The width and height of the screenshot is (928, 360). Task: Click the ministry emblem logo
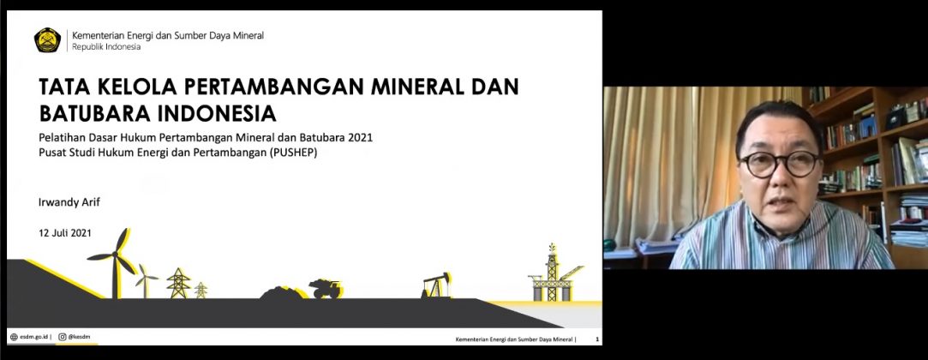tap(47, 40)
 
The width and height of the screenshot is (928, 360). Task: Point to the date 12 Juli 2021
tap(65, 233)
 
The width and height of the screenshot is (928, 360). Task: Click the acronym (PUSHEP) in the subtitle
tap(297, 153)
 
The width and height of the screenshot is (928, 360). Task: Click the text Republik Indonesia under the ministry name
tap(106, 47)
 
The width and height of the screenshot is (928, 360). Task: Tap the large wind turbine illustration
tap(114, 263)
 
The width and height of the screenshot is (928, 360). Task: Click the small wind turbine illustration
tap(146, 281)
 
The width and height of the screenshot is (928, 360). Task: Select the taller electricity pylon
tap(177, 283)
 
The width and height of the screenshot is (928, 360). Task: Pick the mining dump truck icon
tap(326, 288)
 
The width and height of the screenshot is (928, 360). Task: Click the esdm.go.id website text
tap(33, 337)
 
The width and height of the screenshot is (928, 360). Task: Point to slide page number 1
tap(597, 339)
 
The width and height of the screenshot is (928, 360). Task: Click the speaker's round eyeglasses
tap(779, 164)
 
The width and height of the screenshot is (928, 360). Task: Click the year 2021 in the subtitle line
tap(361, 138)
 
